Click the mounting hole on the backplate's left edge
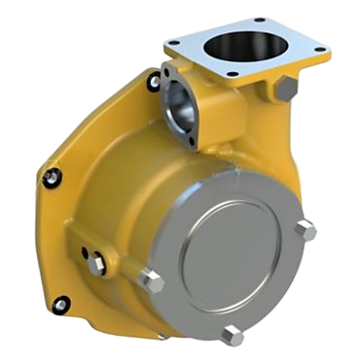point(53,176)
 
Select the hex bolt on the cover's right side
point(306,232)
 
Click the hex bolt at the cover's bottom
point(233,335)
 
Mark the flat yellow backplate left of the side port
point(97,146)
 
